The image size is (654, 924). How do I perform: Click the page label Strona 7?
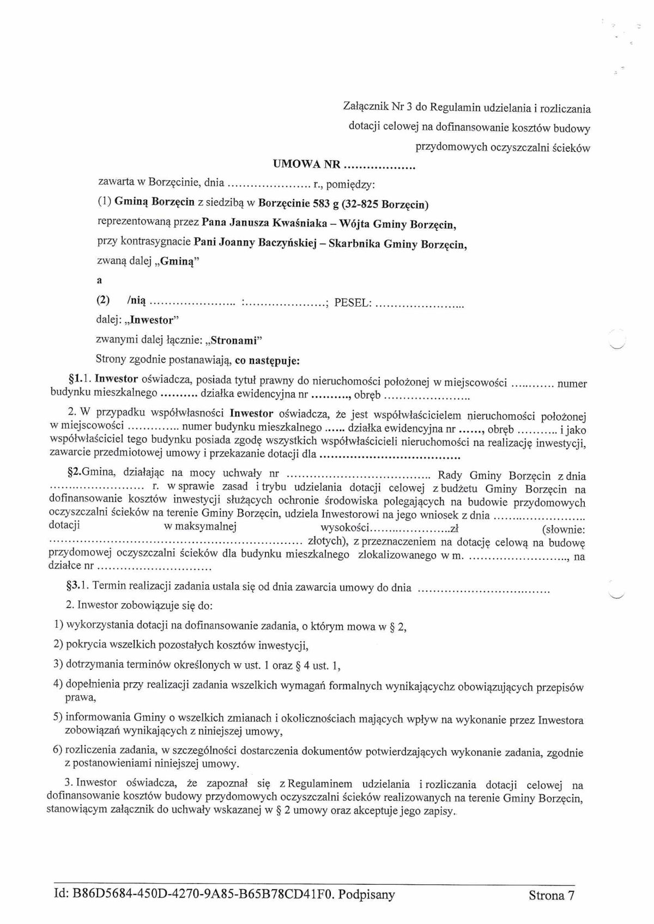[552, 895]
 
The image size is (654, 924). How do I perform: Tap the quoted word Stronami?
[234, 341]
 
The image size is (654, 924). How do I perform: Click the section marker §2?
[72, 473]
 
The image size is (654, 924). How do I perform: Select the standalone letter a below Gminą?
[99, 281]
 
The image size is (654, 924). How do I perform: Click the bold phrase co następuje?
[269, 360]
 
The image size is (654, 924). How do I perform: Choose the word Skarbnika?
[358, 243]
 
